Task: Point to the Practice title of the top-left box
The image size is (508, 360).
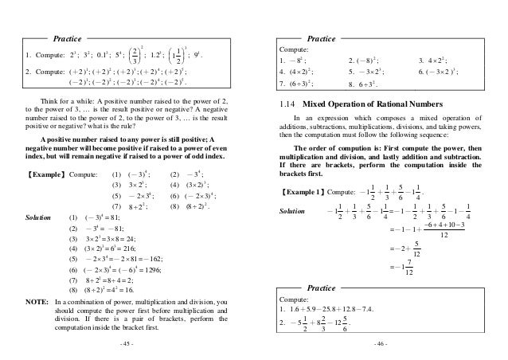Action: tap(68, 37)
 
